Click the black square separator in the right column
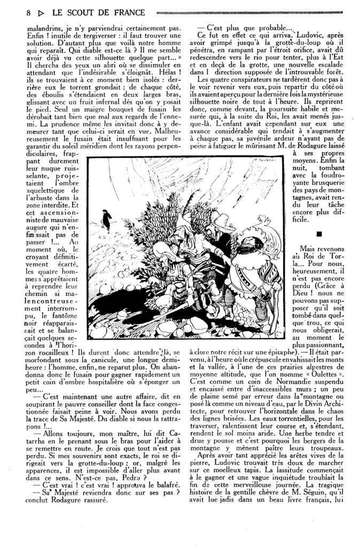(319, 233)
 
